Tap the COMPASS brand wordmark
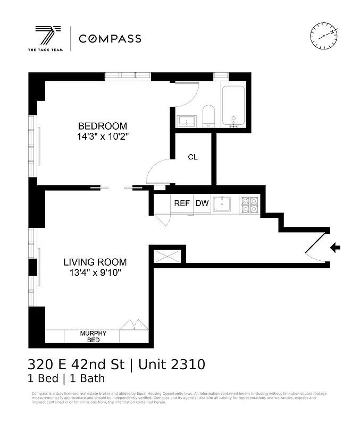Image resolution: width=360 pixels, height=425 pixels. (x=110, y=39)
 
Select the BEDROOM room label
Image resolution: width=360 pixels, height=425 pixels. (x=103, y=126)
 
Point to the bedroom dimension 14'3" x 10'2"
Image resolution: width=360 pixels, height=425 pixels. (x=103, y=136)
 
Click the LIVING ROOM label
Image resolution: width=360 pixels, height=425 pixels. (x=95, y=262)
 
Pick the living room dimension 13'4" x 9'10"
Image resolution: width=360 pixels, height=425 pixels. (x=95, y=273)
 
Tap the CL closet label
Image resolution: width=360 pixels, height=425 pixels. (x=192, y=157)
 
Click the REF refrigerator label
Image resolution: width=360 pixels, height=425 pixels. (x=182, y=203)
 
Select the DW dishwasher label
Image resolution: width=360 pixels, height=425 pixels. (x=202, y=203)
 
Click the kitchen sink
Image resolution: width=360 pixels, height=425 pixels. (x=222, y=203)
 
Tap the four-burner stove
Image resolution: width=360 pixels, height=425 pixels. (x=250, y=205)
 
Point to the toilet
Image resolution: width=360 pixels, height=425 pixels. (x=208, y=115)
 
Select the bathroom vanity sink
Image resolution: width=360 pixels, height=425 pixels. (x=187, y=122)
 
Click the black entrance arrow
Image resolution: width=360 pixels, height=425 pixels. (x=335, y=248)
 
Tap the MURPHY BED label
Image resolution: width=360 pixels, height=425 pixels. (x=93, y=336)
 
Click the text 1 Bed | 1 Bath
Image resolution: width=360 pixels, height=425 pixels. (x=66, y=379)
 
